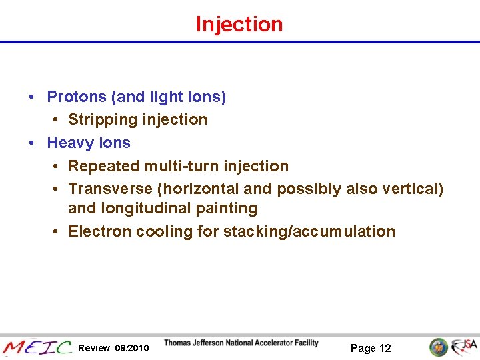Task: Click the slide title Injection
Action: (239, 24)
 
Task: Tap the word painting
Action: (229, 209)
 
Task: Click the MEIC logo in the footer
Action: (37, 347)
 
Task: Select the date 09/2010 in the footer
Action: (132, 348)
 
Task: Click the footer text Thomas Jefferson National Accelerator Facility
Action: (241, 343)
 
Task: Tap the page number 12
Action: (385, 348)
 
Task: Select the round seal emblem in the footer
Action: (438, 347)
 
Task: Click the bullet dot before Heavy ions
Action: (32, 143)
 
